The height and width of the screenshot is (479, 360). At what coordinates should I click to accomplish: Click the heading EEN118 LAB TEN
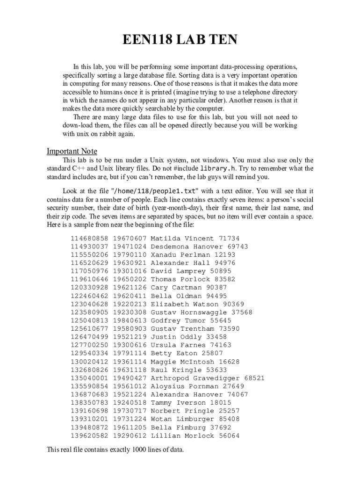point(180,40)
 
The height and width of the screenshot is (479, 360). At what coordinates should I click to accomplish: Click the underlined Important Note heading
point(72,151)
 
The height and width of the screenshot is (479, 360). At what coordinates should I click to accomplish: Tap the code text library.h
point(218,168)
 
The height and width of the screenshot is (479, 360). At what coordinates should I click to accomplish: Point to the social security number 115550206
point(89,255)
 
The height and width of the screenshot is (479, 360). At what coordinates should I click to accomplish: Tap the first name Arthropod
point(170,378)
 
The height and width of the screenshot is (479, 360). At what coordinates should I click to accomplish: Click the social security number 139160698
point(89,411)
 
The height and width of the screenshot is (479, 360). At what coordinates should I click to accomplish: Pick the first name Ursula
point(164,345)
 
